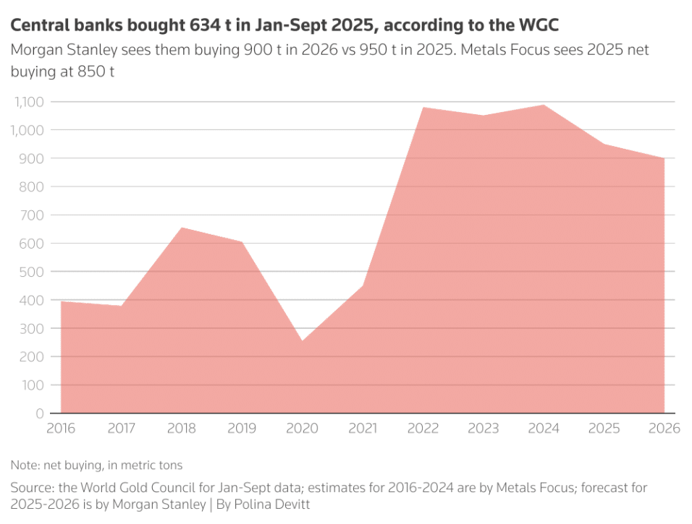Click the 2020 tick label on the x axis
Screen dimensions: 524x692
coord(303,429)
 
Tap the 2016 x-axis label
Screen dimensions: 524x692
coord(61,429)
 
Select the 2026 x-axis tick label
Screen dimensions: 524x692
coord(664,429)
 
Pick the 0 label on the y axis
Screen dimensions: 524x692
coord(39,413)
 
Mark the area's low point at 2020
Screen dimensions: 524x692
coord(303,341)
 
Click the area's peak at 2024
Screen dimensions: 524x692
coord(544,106)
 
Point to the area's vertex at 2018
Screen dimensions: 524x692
coord(182,228)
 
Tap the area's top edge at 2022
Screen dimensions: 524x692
coord(423,108)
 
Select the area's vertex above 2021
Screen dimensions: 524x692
coord(363,286)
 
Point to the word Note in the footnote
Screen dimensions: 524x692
coord(23,465)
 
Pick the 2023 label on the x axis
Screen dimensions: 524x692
coord(484,429)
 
